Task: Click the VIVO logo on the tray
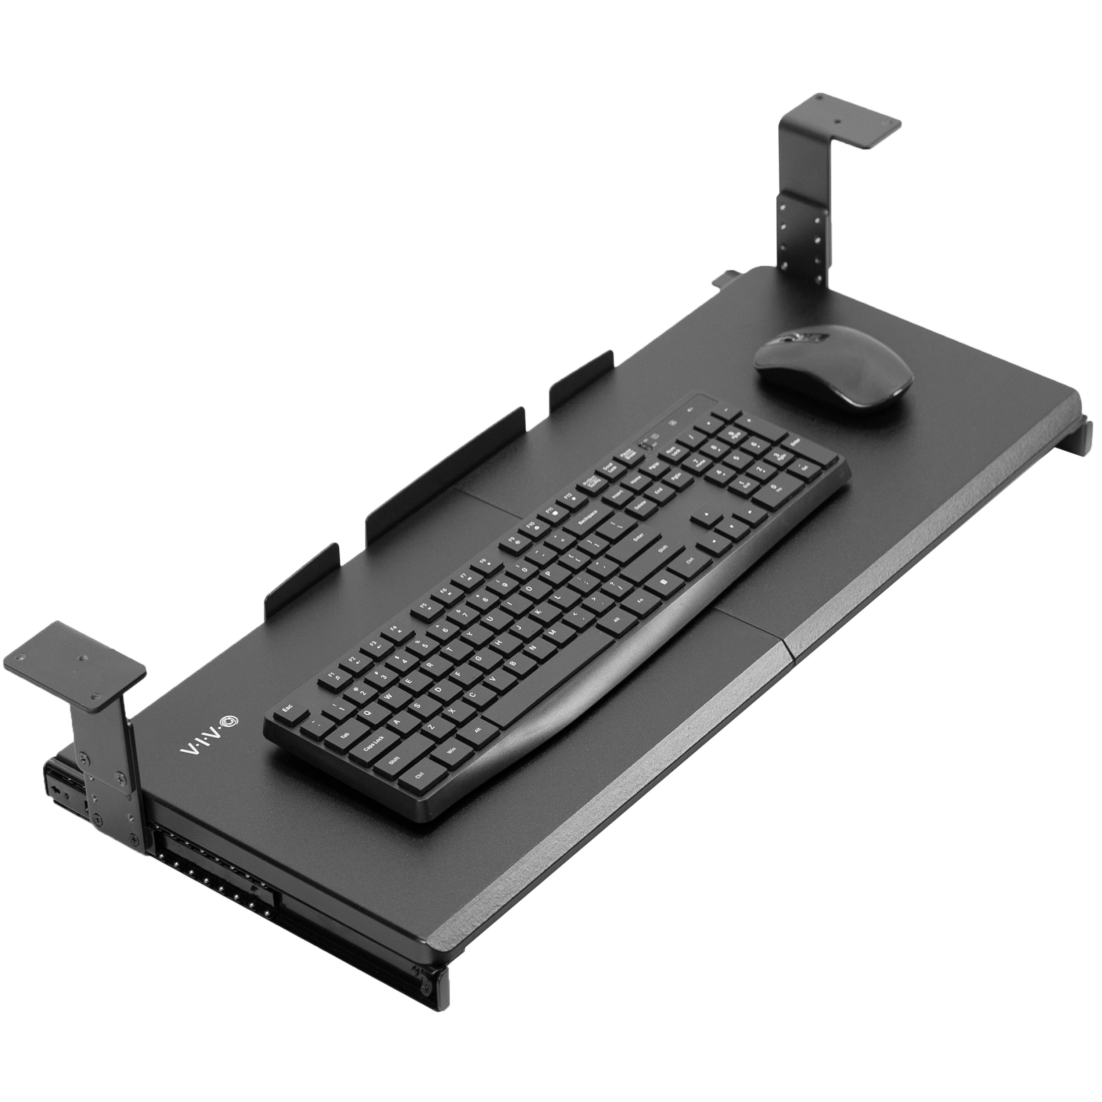(209, 736)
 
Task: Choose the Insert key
(617, 495)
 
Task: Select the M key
(552, 634)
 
